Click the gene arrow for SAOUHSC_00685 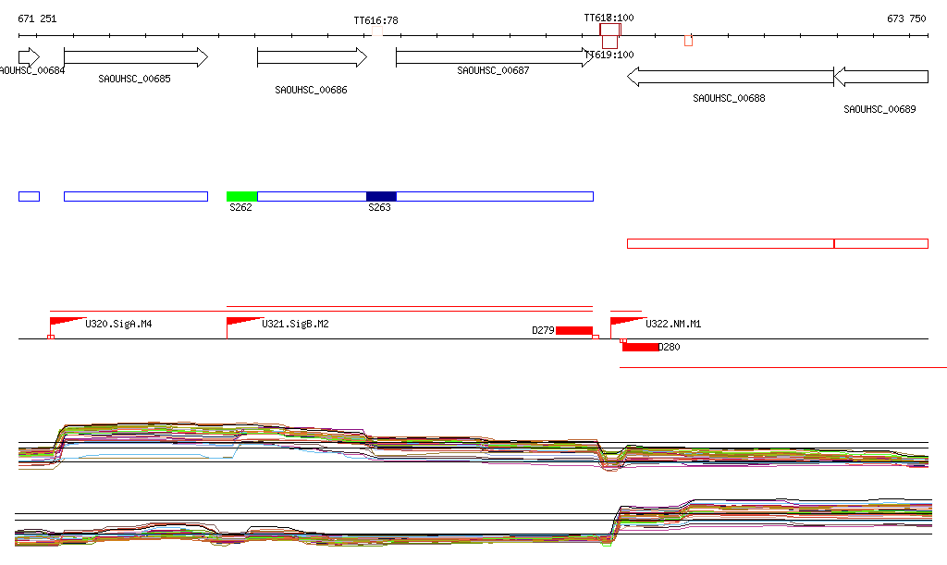point(136,57)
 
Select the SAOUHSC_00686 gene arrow point(312,57)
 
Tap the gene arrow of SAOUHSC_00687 point(494,57)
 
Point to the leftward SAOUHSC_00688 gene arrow point(731,78)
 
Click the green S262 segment point(241,196)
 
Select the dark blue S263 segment point(381,196)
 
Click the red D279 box point(573,330)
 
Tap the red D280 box point(640,347)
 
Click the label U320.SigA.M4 point(118,325)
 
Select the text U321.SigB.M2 point(295,325)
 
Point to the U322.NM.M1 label point(673,325)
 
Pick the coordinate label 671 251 point(37,18)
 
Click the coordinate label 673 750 point(906,18)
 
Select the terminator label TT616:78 point(375,20)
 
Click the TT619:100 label point(609,55)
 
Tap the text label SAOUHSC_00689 point(879,109)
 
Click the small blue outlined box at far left point(29,196)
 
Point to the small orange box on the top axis point(688,40)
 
